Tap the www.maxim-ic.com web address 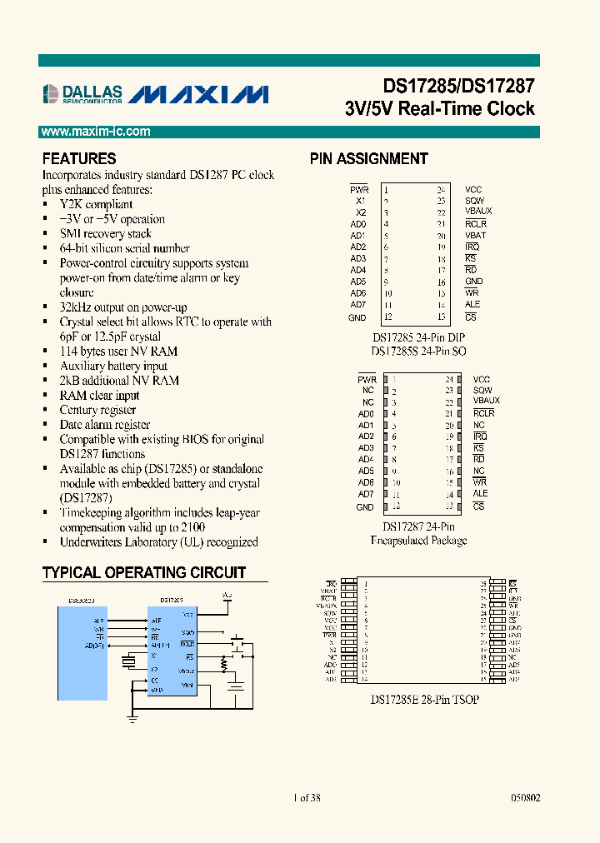coord(95,132)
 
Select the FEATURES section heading coord(79,158)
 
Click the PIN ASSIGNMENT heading coord(369,158)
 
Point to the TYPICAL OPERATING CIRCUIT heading coord(144,572)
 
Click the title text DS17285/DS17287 coord(458,87)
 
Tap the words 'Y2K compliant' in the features coord(96,204)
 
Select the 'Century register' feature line coord(97,410)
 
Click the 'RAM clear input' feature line coord(99,395)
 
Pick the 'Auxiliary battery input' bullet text coord(113,366)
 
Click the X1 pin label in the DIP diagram coord(360,201)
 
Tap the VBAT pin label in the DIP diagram coord(475,235)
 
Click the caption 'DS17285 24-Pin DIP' coord(418,337)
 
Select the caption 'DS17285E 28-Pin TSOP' coord(424,700)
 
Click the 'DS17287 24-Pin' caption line coord(418,526)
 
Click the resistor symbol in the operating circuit coord(223,664)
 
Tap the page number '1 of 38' coord(307,797)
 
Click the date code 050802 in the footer coord(524,797)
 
